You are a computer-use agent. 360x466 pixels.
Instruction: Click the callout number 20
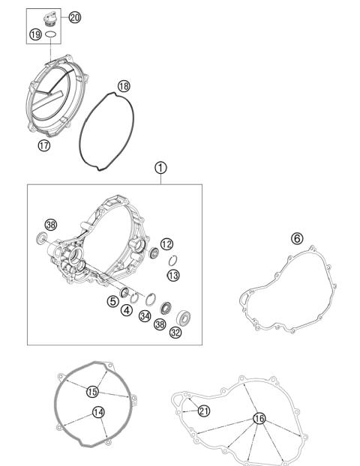coord(75,16)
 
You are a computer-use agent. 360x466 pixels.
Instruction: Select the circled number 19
coord(35,34)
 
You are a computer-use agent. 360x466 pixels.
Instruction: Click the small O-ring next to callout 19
coord(51,34)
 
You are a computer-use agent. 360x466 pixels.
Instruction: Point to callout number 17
coord(44,145)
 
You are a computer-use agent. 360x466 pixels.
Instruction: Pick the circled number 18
coord(124,87)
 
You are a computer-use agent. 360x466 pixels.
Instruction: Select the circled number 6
coord(297,238)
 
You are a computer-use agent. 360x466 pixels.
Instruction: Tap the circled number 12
coord(166,243)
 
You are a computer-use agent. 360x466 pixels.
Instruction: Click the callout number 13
coord(173,276)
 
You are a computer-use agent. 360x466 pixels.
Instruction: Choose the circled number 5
coord(112,301)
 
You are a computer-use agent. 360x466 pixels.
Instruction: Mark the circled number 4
coord(127,309)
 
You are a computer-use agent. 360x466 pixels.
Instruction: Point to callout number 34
coord(145,317)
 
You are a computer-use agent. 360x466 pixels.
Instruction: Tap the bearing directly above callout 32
coord(182,312)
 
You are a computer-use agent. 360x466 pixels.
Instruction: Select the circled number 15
coord(93,391)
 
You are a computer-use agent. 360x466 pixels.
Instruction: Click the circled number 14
coord(98,411)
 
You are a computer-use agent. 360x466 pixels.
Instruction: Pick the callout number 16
coord(259,418)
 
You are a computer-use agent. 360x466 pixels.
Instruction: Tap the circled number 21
coord(204,410)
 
